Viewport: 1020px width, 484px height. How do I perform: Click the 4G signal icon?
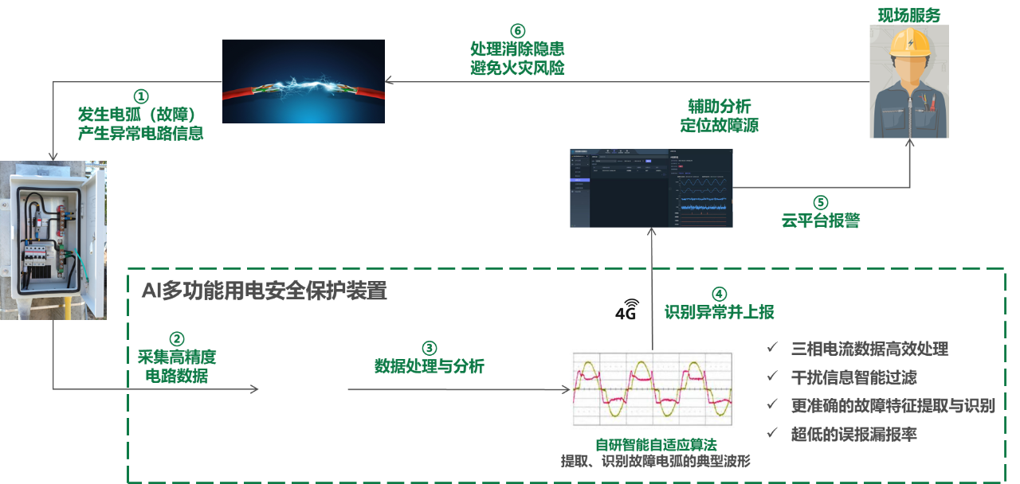click(x=627, y=309)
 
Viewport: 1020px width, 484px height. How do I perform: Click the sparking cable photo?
click(x=304, y=80)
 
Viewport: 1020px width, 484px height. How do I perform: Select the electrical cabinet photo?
click(x=53, y=240)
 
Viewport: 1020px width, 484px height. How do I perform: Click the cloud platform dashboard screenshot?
click(x=650, y=188)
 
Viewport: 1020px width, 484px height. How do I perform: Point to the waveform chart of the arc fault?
click(x=652, y=389)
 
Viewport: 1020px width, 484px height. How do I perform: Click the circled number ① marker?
click(x=140, y=96)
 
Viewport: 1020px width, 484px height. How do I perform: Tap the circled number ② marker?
click(x=178, y=338)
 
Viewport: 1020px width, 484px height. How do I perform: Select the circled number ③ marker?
click(x=429, y=348)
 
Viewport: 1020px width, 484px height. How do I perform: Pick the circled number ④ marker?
click(x=719, y=293)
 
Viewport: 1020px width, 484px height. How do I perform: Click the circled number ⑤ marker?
click(x=821, y=202)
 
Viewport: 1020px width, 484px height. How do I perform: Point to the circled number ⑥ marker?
click(x=517, y=31)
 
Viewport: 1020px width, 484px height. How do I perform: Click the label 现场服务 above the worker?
click(x=908, y=14)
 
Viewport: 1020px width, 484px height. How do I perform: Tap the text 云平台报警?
click(x=821, y=221)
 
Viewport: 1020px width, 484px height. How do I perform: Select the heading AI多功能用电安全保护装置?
click(x=265, y=291)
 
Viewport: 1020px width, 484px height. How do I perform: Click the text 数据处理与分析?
click(x=430, y=367)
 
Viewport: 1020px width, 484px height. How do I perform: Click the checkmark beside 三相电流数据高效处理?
click(x=771, y=348)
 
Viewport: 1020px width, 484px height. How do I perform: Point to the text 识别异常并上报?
click(x=720, y=312)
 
